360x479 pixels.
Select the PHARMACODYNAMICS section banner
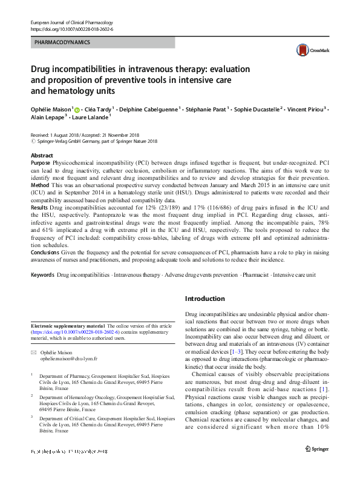(62, 43)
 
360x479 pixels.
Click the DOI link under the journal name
(71, 29)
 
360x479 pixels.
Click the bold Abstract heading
(42, 156)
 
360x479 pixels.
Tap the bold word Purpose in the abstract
(41, 164)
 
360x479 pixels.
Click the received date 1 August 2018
(65, 135)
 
